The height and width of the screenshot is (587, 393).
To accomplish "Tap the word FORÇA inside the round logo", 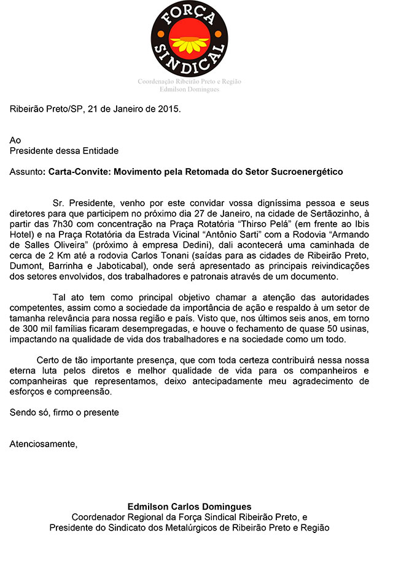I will [x=189, y=15].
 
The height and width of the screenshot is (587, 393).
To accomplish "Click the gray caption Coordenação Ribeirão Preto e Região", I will [x=189, y=82].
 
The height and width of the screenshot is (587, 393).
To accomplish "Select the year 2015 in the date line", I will [x=169, y=109].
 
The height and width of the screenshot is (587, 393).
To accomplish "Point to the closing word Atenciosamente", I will [x=44, y=444].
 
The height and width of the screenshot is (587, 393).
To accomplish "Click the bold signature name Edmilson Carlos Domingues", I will [x=189, y=507].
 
